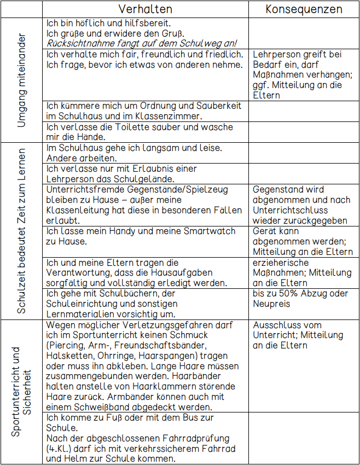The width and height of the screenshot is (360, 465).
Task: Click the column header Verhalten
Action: point(145,9)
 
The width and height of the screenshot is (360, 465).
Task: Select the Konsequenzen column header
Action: point(304,9)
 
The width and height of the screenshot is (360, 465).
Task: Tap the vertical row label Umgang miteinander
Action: point(21,80)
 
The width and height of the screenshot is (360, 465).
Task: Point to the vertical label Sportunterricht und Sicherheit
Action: point(21,391)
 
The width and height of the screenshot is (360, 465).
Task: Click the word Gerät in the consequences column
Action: point(265,231)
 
